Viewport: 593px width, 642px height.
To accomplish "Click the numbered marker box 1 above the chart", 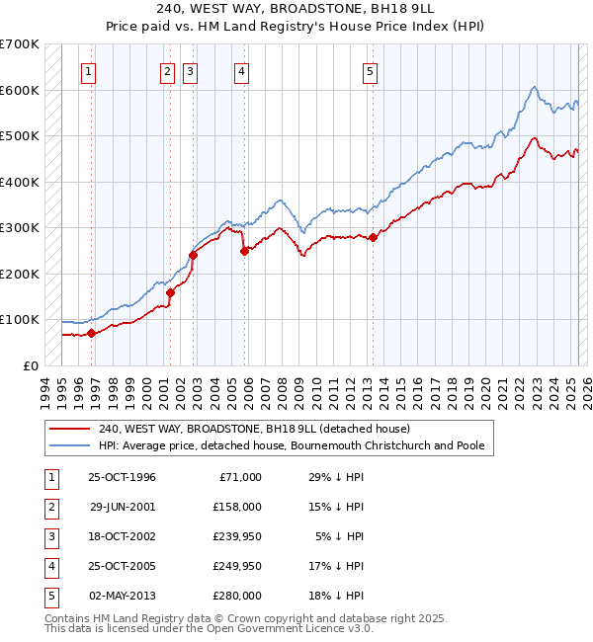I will (89, 71).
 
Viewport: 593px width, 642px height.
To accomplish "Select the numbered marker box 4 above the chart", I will (241, 71).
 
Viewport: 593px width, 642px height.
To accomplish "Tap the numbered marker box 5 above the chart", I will (369, 71).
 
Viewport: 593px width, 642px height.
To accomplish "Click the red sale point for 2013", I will (374, 237).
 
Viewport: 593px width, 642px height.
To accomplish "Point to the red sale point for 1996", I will (91, 333).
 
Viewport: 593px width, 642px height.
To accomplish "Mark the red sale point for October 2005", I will (244, 251).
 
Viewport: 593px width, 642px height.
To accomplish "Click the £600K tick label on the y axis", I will (20, 90).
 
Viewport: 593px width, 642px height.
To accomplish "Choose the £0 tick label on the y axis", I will (32, 365).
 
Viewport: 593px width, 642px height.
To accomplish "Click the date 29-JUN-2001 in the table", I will (123, 506).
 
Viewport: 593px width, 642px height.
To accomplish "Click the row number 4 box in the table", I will (50, 566).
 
